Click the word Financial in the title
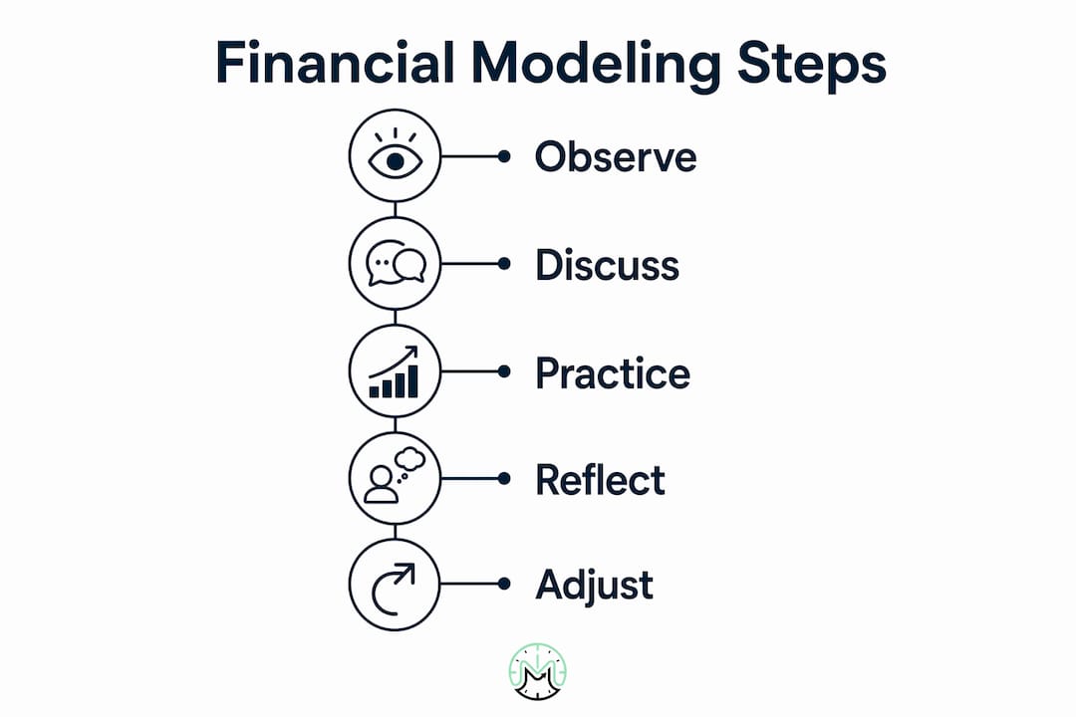click(335, 63)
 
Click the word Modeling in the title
click(596, 66)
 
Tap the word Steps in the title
click(812, 66)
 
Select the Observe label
click(616, 156)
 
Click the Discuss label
click(607, 265)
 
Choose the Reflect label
click(600, 479)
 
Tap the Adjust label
click(594, 586)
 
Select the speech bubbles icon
click(396, 263)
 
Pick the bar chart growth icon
click(394, 371)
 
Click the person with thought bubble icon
click(395, 475)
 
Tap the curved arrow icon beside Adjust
click(394, 589)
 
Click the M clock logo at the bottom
click(538, 672)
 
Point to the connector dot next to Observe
click(504, 156)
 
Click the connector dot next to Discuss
click(504, 264)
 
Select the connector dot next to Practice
click(504, 371)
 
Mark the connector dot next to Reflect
click(504, 478)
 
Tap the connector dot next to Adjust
click(504, 584)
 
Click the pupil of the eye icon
click(396, 161)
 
